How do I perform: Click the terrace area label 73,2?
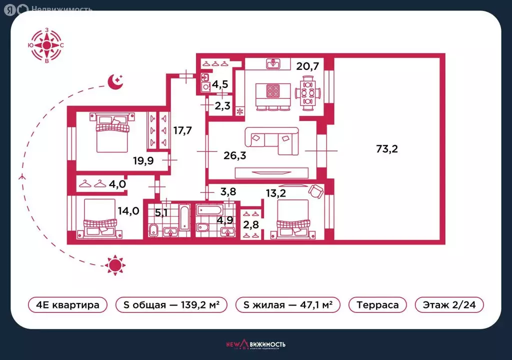coord(387,149)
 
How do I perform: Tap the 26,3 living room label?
coord(235,155)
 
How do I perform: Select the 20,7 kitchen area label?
coord(307,66)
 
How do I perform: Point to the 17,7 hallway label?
coord(182,130)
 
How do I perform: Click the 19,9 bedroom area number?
coord(143,160)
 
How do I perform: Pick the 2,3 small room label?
coord(222,106)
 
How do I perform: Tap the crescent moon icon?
coord(115,81)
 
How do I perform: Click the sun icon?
coord(115,265)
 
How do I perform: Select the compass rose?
coord(46,45)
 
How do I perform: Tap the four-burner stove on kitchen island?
coord(273,91)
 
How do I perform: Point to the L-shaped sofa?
coord(272,141)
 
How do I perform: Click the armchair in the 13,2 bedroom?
coord(316,191)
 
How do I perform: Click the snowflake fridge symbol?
coord(240,111)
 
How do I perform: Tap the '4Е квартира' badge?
coord(67,305)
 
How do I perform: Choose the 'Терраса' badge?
coord(377,305)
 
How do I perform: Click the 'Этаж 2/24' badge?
coord(449,305)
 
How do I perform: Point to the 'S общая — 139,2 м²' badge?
coord(171,305)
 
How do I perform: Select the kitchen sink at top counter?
coord(272,63)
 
